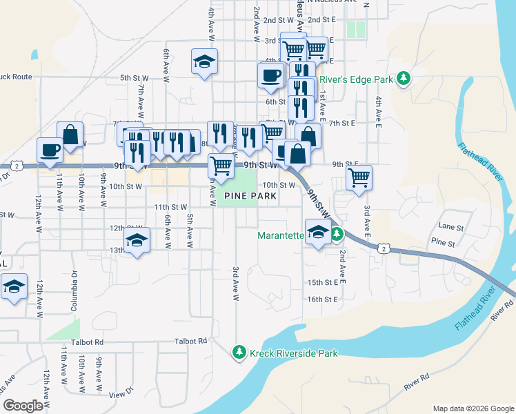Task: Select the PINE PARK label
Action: [x=250, y=197]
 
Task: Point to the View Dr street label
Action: [x=120, y=394]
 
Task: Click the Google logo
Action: [x=23, y=406]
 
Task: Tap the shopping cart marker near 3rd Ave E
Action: [x=359, y=177]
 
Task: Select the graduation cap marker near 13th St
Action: [x=137, y=241]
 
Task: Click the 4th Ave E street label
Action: [x=378, y=113]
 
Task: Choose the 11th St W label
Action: [x=170, y=207]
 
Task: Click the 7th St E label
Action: [x=341, y=123]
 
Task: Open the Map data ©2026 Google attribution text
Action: [x=473, y=408]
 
